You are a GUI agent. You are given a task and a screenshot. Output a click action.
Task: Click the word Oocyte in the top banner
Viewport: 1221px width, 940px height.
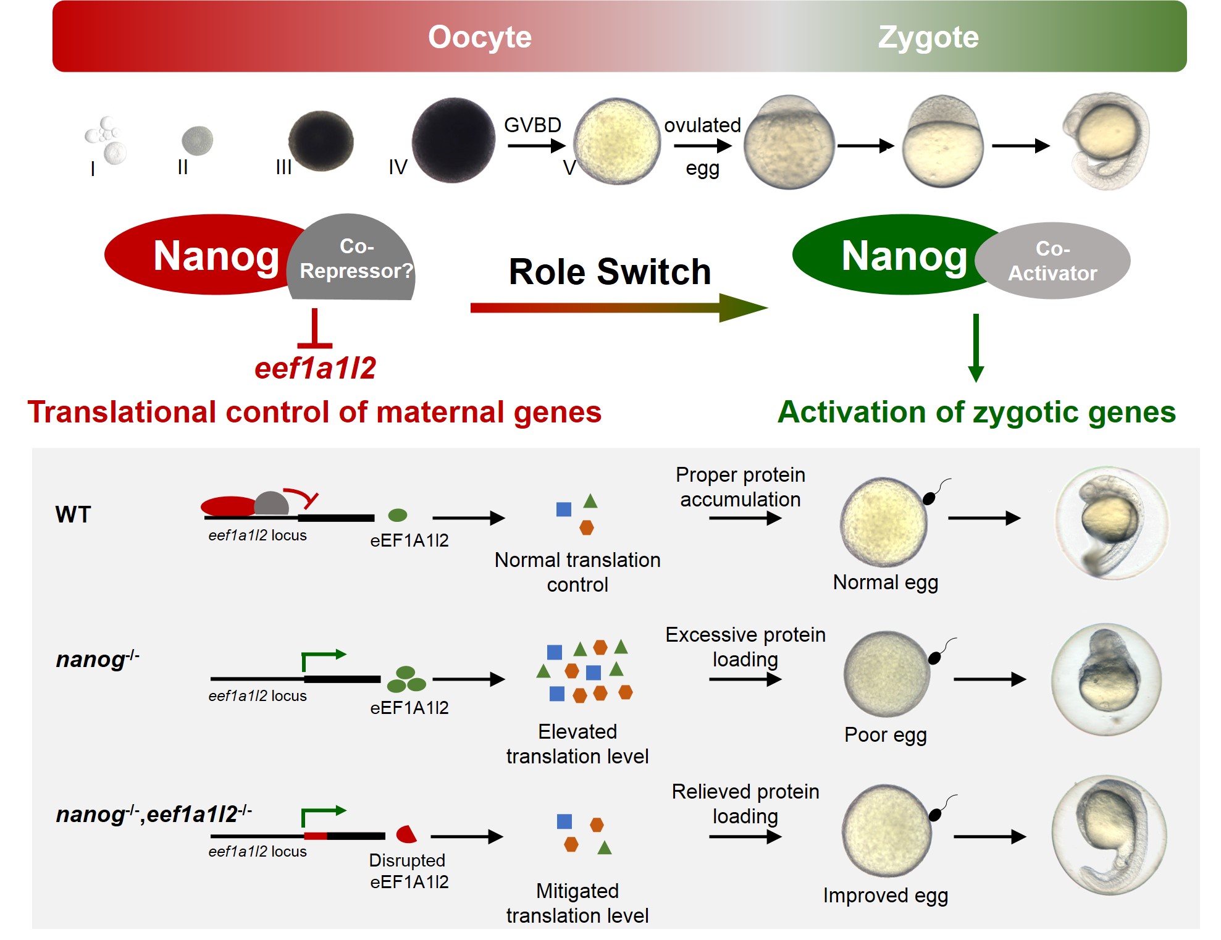coord(479,37)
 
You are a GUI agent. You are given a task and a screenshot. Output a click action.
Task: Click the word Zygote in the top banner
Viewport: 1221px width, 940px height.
coord(928,37)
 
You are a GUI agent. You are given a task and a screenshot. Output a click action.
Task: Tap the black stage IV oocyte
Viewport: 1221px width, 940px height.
coord(453,140)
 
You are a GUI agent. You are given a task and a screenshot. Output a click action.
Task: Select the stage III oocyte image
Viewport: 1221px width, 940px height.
coord(321,141)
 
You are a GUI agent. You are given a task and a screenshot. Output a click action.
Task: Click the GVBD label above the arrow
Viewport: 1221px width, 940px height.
coord(532,125)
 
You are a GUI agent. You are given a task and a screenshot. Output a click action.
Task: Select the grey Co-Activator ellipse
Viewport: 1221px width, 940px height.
coord(1052,261)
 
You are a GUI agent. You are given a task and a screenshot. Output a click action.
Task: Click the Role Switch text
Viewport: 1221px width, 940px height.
coord(610,272)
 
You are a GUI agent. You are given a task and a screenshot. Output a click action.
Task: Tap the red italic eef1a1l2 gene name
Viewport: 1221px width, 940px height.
coord(315,368)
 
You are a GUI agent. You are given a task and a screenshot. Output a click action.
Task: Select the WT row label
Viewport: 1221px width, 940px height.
coord(73,514)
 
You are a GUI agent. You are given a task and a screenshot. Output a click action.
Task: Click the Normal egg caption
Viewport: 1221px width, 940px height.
coord(885,582)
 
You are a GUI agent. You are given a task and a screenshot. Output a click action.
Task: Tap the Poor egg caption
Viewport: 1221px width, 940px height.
coord(885,734)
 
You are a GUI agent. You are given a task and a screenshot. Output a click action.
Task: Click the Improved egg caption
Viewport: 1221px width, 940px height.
coord(885,895)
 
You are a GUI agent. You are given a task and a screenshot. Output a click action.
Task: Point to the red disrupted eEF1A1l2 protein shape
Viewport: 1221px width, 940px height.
coord(406,834)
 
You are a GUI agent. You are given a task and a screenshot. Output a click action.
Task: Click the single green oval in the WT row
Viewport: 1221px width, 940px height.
coord(397,514)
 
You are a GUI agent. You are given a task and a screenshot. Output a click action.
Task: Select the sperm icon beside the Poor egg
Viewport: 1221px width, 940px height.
coord(936,657)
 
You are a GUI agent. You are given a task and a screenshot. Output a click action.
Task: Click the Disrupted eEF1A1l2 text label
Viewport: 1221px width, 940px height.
coord(408,871)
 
